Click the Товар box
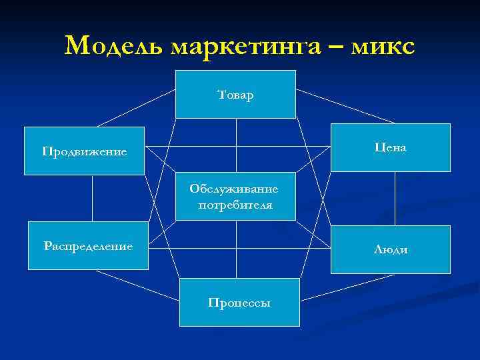point(235,94)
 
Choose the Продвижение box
point(85,151)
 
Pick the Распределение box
point(88,246)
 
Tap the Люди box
point(390,249)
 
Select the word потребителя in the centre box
point(235,205)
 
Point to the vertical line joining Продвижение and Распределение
point(91,198)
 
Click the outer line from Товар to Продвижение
point(137,107)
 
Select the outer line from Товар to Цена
point(345,107)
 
